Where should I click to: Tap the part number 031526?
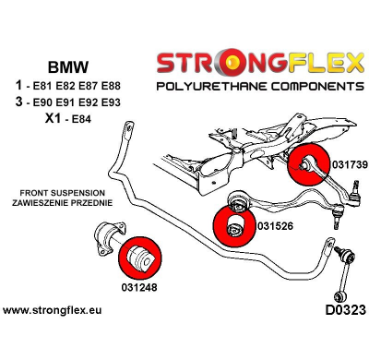[x=278, y=224]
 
